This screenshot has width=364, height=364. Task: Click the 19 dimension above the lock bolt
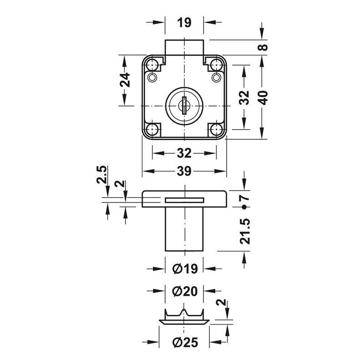184,22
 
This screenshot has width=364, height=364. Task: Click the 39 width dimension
184,171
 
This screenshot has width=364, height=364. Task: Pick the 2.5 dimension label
102,175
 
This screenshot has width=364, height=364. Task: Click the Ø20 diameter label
184,290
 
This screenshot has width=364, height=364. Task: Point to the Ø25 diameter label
184,342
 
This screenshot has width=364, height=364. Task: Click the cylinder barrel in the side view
184,230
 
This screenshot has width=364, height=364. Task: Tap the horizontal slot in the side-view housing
184,200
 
